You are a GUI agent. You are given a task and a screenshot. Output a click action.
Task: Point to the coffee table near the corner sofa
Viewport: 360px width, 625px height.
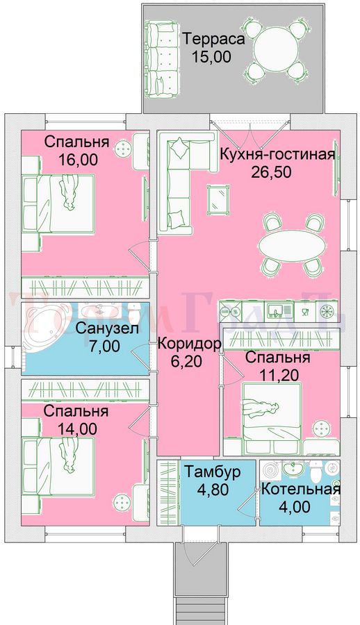218,199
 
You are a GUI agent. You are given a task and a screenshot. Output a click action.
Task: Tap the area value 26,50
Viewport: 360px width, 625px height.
272,172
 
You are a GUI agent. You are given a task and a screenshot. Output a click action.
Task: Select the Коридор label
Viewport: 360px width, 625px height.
189,344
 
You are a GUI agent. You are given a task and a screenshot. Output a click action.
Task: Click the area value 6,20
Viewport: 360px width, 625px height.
188,361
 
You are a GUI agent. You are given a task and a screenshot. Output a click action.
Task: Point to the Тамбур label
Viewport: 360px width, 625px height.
212,472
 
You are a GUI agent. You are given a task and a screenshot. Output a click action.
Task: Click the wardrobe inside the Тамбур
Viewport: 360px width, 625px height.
167,493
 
